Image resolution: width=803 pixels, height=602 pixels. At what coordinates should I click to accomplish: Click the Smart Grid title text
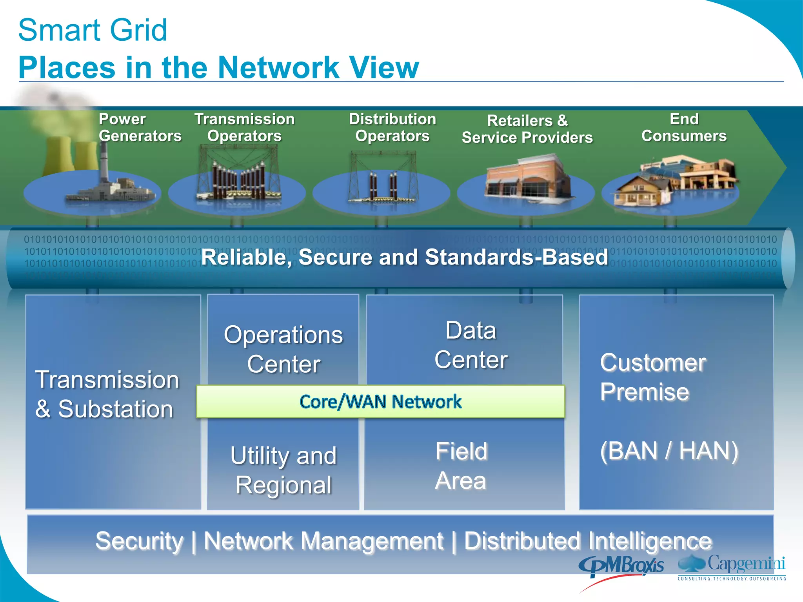tap(93, 30)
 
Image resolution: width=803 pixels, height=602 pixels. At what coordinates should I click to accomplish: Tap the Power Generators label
tap(140, 127)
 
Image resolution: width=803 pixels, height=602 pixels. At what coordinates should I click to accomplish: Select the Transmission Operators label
tap(244, 127)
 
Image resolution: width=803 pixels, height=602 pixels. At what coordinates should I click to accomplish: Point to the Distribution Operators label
tap(392, 127)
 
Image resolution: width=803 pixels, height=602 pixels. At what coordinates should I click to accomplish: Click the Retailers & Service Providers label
tap(527, 129)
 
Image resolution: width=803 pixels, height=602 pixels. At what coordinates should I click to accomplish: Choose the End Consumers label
tap(684, 127)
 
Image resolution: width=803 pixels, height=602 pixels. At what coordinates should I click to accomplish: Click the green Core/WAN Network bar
tap(380, 402)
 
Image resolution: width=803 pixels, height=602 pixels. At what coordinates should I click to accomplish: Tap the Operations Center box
tap(283, 349)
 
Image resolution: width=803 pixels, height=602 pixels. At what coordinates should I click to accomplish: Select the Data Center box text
tap(471, 345)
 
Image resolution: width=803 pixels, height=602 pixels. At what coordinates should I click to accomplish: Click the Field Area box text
tap(461, 466)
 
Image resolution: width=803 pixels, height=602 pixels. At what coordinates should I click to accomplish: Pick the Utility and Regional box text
tap(283, 470)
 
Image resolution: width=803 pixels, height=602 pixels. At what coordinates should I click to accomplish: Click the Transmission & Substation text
tap(107, 394)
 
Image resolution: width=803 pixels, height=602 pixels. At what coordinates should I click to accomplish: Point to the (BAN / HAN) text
tap(669, 451)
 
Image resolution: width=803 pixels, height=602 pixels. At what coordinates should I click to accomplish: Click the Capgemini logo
tap(732, 567)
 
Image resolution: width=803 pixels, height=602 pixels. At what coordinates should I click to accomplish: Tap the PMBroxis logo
tap(621, 567)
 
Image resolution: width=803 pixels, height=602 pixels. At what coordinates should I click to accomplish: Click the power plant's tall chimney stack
tap(104, 165)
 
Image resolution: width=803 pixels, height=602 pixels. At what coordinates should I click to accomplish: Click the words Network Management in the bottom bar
tap(323, 541)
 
